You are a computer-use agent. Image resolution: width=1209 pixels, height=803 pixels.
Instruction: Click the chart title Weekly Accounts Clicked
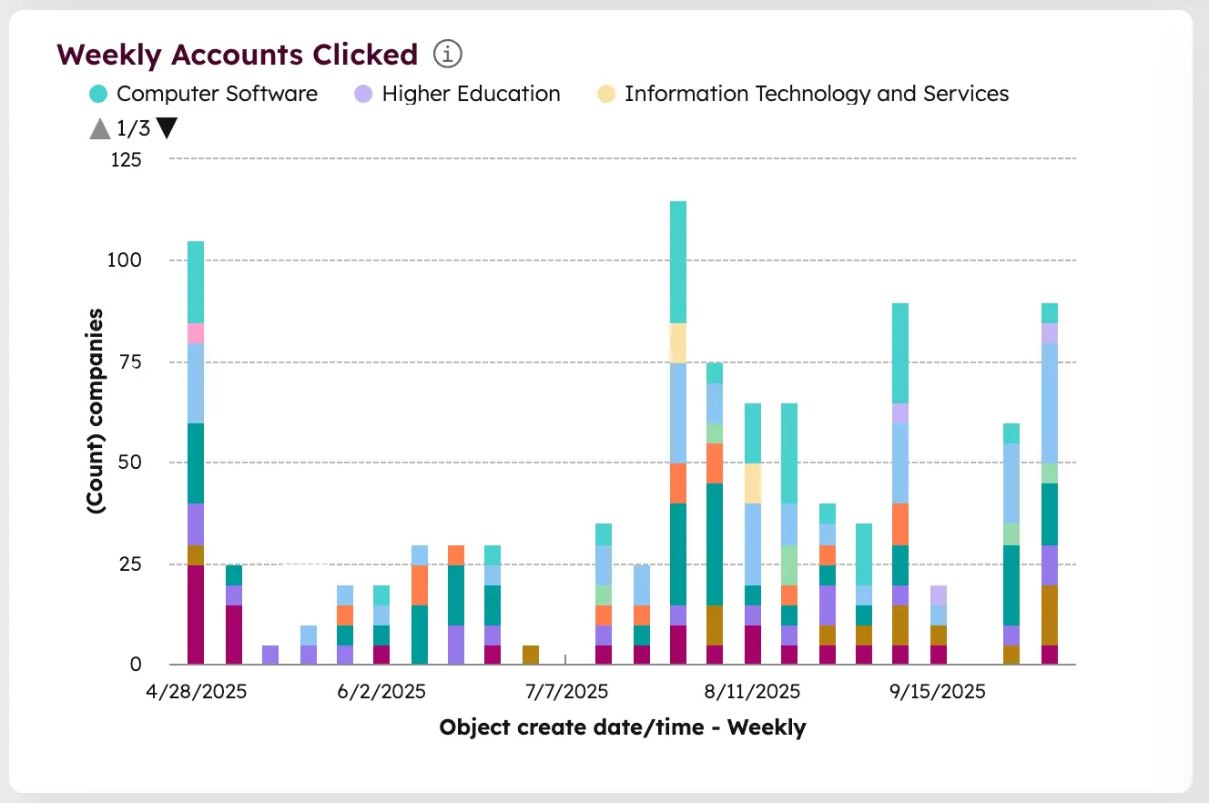[237, 55]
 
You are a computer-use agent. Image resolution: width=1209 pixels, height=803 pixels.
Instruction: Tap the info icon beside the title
[448, 55]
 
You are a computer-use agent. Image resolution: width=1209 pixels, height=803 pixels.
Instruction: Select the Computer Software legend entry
[217, 94]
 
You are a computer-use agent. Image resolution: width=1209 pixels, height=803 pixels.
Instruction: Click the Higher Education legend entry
[471, 94]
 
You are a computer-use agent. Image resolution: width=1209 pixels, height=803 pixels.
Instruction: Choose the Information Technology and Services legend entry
[817, 94]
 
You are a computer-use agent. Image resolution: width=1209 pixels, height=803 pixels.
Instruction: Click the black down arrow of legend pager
[167, 128]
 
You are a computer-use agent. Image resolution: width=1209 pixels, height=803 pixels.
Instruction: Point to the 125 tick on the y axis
[127, 160]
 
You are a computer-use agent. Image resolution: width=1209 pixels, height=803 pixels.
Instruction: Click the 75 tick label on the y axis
[132, 362]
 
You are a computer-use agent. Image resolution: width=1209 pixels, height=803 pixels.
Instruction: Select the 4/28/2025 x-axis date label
[196, 692]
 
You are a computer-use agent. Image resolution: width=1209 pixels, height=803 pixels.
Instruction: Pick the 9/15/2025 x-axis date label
[937, 692]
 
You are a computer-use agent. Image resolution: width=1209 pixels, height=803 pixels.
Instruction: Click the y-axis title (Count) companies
[95, 412]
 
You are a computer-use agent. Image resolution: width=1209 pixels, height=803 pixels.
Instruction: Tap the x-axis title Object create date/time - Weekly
[622, 727]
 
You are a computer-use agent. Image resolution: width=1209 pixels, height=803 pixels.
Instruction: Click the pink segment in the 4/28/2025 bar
[196, 333]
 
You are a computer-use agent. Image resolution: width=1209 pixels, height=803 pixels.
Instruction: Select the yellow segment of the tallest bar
[677, 343]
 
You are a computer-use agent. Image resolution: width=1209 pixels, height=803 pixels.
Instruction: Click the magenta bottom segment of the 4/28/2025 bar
[196, 615]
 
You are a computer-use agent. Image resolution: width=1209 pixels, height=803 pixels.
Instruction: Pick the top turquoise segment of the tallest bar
[677, 262]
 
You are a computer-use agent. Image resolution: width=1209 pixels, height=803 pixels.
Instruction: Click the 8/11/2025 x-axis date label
[752, 692]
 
